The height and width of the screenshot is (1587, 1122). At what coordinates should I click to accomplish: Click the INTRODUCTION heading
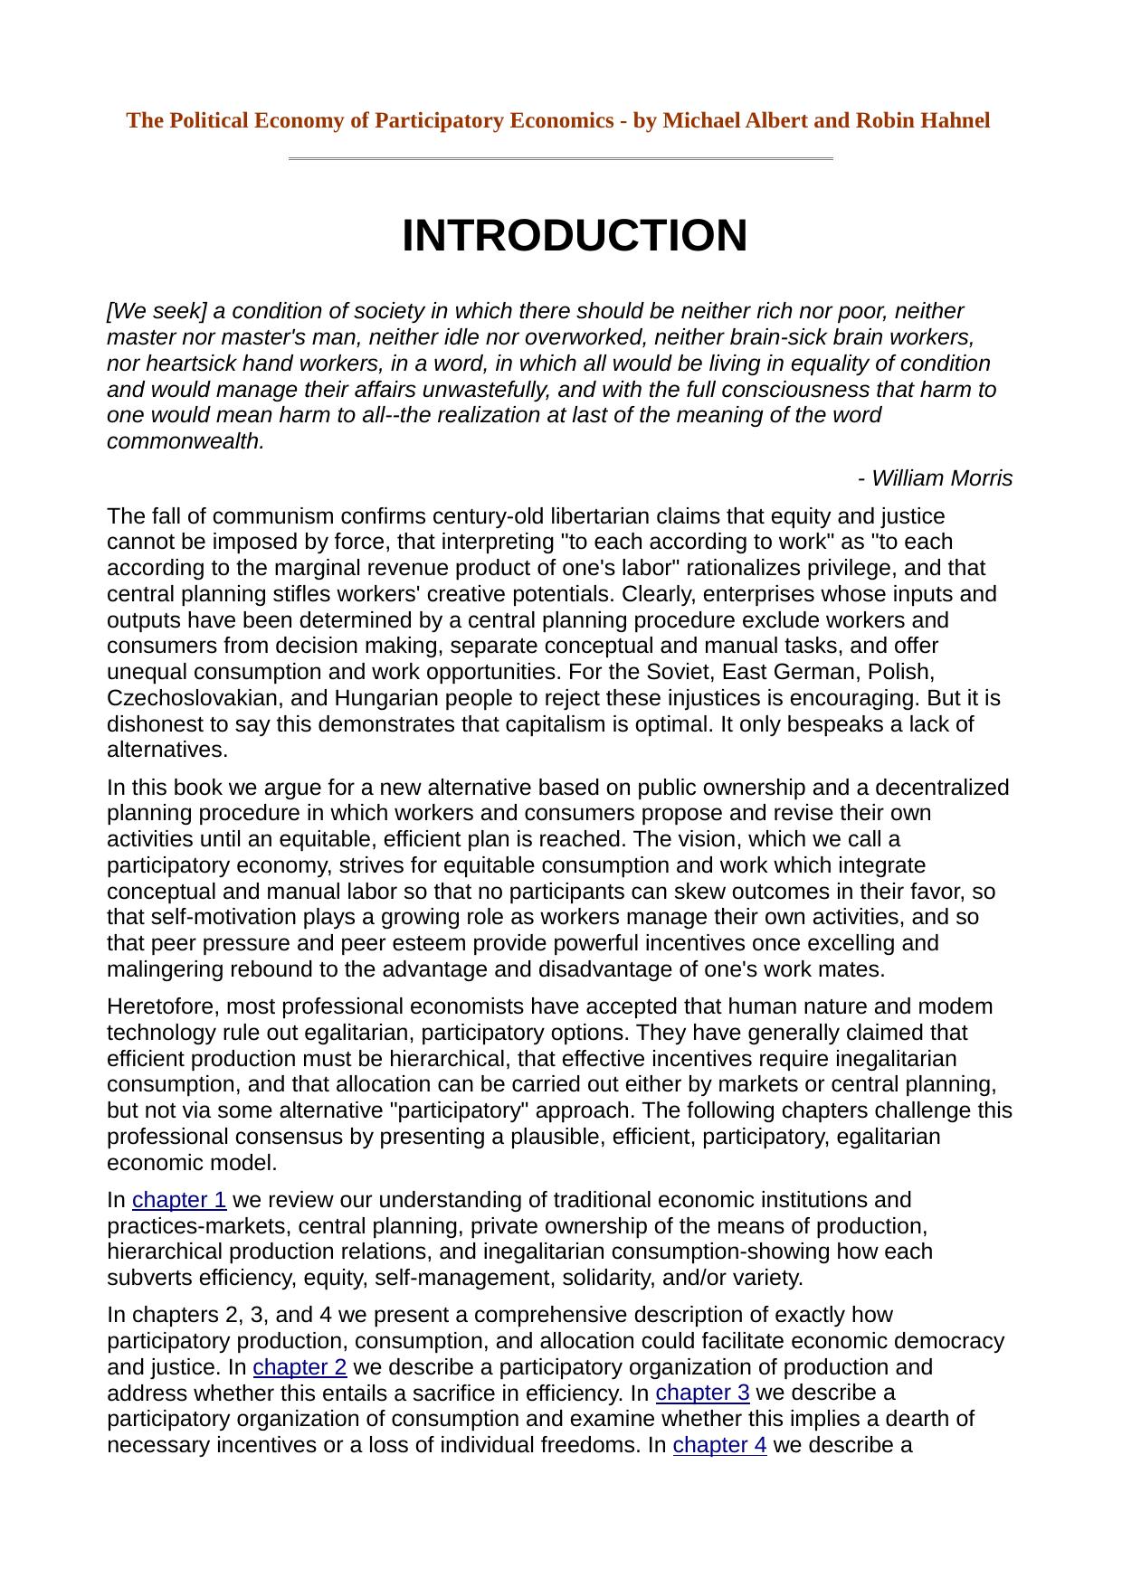click(x=575, y=236)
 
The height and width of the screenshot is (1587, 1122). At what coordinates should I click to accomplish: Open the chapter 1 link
click(x=179, y=1200)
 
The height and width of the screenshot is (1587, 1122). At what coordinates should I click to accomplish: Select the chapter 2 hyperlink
click(x=300, y=1366)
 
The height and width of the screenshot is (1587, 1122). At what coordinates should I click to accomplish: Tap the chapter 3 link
click(x=702, y=1393)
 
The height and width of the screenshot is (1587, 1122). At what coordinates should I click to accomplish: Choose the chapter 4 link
click(x=719, y=1445)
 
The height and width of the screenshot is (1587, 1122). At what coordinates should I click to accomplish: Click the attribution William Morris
click(x=936, y=478)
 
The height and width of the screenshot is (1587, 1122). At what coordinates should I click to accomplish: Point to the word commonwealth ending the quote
click(x=185, y=441)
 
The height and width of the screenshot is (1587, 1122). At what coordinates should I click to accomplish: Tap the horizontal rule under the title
click(x=560, y=159)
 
